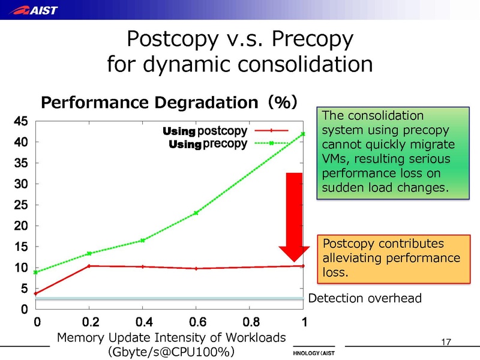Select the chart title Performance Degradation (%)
(x=169, y=103)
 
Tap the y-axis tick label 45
(x=20, y=121)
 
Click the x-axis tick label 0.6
(x=196, y=322)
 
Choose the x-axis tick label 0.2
(x=89, y=322)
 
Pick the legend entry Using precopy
(x=208, y=143)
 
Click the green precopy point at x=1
(x=303, y=133)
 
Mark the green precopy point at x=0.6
(x=196, y=212)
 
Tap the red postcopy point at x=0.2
(x=89, y=266)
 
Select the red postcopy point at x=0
(x=36, y=293)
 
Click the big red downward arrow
(x=293, y=216)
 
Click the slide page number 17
(x=445, y=343)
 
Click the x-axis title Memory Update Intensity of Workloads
(x=171, y=337)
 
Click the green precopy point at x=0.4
(x=143, y=240)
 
